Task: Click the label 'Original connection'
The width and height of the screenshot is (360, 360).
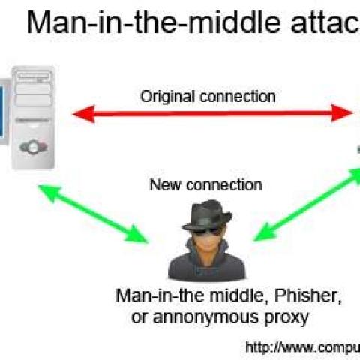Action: (208, 96)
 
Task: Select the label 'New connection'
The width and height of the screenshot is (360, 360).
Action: (206, 184)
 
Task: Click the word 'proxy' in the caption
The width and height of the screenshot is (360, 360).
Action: (283, 318)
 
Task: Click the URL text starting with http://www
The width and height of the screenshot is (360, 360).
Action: (303, 346)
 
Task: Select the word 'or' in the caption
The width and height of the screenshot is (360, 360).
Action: (140, 318)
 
